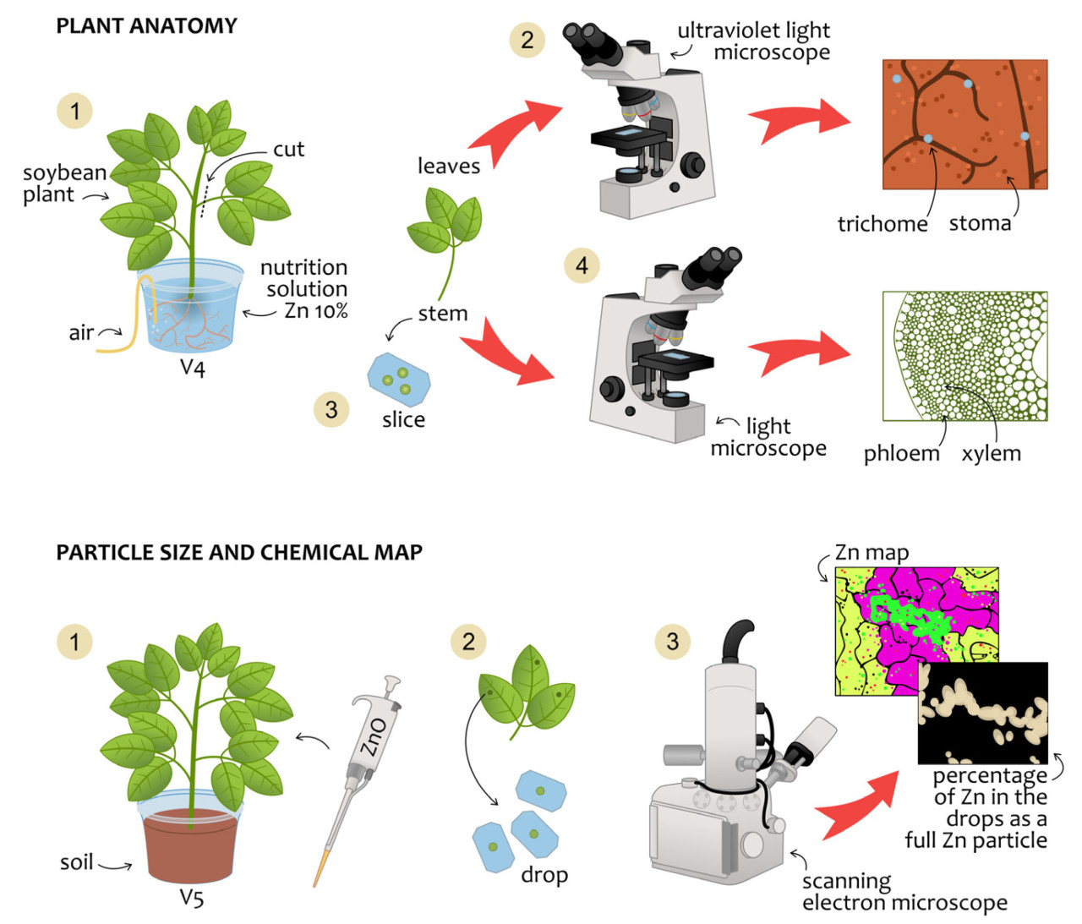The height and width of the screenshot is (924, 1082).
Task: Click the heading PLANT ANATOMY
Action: click(x=146, y=26)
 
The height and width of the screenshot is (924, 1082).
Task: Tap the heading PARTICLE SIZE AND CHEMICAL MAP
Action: click(x=239, y=553)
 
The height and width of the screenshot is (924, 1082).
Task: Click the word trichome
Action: click(x=882, y=224)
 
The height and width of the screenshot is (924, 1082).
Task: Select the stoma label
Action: click(x=980, y=223)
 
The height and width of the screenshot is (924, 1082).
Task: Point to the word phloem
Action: click(x=901, y=454)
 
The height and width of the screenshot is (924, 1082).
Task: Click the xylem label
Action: click(x=991, y=453)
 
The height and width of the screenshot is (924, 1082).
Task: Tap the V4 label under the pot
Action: click(x=193, y=369)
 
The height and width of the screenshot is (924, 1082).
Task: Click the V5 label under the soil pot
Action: click(x=192, y=898)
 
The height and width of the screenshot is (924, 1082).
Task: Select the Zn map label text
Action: click(x=872, y=553)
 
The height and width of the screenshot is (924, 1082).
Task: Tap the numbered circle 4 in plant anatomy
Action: click(x=582, y=265)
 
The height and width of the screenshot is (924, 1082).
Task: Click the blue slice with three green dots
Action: click(x=399, y=380)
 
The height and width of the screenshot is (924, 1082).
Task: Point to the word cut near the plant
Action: click(x=288, y=150)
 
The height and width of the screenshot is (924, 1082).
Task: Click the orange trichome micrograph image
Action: click(x=965, y=123)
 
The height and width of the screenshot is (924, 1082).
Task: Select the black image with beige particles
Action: click(x=983, y=713)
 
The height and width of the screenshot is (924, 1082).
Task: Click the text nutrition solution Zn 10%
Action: click(x=303, y=289)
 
